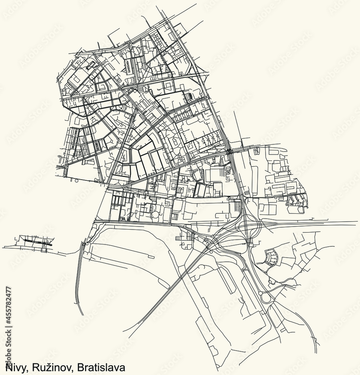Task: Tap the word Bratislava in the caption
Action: (x=100, y=367)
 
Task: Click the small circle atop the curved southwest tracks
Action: (x=87, y=243)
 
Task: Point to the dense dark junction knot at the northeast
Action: (x=229, y=151)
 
